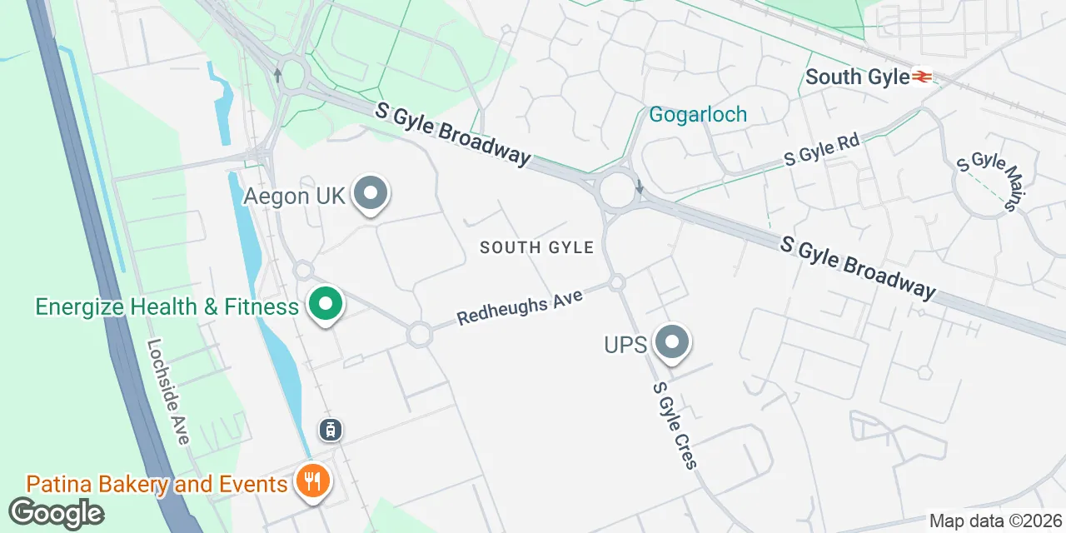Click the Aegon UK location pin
[x=371, y=195]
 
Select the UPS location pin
[x=672, y=342]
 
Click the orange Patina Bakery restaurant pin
[x=313, y=482]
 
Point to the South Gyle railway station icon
[x=922, y=77]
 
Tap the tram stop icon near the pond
[x=331, y=430]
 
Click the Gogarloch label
[x=698, y=114]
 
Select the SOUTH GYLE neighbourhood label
[x=536, y=247]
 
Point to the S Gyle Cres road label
[x=675, y=425]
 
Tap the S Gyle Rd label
[x=821, y=148]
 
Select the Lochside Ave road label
[x=168, y=391]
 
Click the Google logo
[x=56, y=513]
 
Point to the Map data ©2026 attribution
[x=995, y=521]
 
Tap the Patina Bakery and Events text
[x=157, y=484]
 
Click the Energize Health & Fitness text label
[x=167, y=306]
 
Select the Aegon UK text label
[x=294, y=197]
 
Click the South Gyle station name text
[x=857, y=77]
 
